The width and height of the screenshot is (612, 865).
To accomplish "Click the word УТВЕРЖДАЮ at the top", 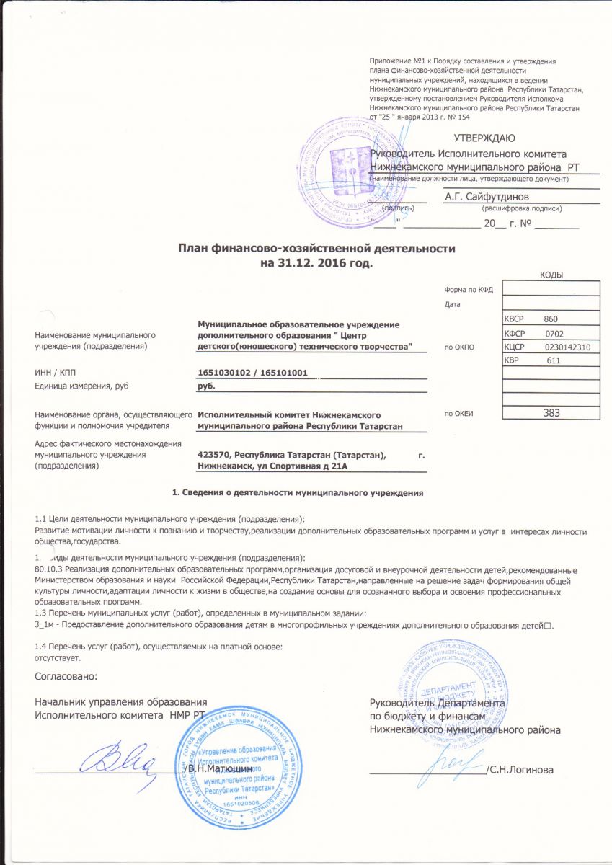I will [484, 138].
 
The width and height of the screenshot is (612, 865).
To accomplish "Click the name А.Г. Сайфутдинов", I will [487, 196].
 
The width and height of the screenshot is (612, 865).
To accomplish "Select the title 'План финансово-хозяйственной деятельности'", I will [317, 249].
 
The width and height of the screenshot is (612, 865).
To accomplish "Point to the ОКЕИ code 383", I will [551, 413].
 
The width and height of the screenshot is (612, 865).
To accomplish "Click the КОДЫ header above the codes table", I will [551, 275].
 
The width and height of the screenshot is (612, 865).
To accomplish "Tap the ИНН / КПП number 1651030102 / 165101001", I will [253, 373].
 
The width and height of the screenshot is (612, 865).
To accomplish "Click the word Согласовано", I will [66, 676].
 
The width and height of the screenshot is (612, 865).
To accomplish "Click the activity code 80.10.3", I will [49, 569].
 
